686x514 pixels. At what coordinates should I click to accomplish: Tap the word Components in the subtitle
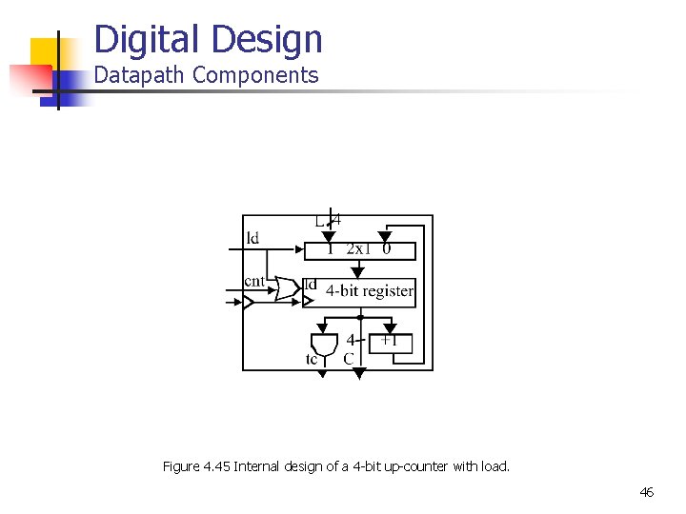[x=255, y=76]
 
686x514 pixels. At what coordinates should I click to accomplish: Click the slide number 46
[x=646, y=492]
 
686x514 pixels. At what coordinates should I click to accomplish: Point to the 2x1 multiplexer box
[x=360, y=250]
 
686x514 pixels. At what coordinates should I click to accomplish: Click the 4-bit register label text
[x=370, y=291]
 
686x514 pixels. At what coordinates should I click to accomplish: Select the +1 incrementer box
[x=390, y=342]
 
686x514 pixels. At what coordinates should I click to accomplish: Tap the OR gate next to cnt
[x=287, y=288]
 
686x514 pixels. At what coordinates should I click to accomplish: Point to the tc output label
[x=312, y=360]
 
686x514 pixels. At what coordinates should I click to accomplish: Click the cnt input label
[x=254, y=281]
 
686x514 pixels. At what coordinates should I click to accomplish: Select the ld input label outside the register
[x=252, y=238]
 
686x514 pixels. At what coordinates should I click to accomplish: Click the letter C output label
[x=349, y=359]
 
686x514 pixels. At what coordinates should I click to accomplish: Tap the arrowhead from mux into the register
[x=358, y=272]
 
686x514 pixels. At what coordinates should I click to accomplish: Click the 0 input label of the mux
[x=386, y=249]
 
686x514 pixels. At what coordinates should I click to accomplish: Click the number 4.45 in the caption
[x=215, y=466]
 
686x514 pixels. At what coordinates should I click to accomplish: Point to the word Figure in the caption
[x=181, y=466]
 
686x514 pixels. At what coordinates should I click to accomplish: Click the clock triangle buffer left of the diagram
[x=248, y=303]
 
